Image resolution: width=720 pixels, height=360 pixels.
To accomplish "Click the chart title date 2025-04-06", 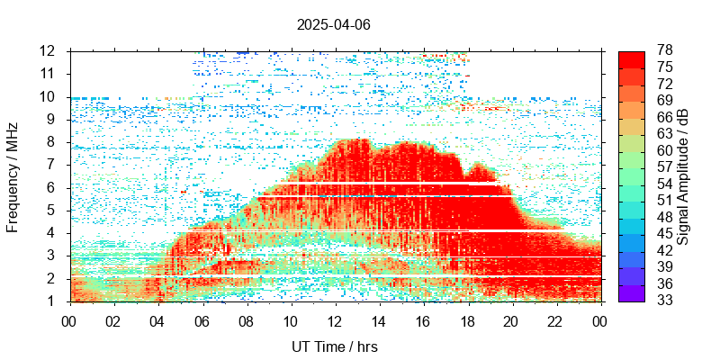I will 333,24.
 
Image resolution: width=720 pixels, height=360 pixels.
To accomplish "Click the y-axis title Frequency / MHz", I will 13,175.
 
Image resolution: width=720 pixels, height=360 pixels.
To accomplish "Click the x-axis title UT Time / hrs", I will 333,346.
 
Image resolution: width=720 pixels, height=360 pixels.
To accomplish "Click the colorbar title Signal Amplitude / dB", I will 683,176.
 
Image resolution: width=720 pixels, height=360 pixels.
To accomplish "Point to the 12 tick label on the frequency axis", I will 49,50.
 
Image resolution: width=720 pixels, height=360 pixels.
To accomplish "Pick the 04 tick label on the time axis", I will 157,320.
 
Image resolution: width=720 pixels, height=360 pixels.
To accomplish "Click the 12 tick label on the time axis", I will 335,320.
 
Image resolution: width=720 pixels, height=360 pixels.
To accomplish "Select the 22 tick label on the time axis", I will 556,320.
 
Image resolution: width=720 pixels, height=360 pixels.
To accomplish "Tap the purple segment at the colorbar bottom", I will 632,293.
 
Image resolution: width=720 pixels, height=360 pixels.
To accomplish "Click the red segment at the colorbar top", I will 632,58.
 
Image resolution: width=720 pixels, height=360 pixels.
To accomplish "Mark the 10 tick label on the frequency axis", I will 49,96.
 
